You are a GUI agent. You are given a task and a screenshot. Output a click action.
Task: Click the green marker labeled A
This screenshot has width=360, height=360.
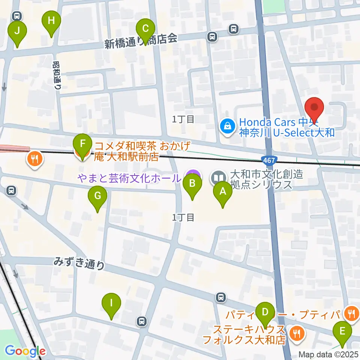click(223, 192)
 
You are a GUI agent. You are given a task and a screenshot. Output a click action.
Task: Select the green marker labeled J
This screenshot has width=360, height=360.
click(17, 31)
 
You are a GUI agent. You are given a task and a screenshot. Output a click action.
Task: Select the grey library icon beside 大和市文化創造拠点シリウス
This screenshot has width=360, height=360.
click(219, 177)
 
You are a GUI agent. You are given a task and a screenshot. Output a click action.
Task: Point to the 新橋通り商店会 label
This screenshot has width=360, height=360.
click(141, 42)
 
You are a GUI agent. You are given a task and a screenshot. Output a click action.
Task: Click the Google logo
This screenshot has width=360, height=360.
click(25, 351)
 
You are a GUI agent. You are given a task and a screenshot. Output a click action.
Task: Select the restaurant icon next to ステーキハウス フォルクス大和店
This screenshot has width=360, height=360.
click(297, 333)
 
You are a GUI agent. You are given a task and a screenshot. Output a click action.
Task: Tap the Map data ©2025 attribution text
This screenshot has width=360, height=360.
click(329, 354)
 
